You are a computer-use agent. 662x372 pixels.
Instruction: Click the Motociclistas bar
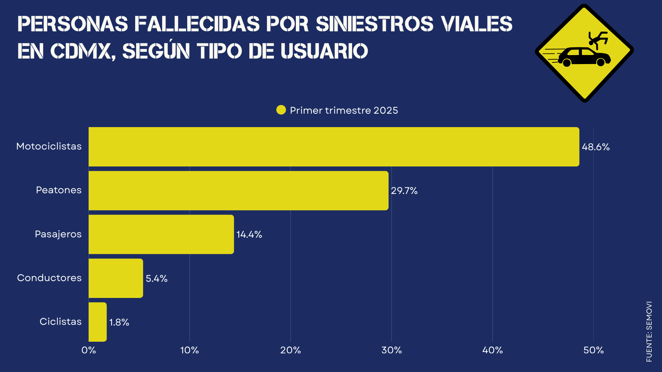click(334, 147)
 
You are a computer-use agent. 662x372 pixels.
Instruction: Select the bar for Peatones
click(239, 190)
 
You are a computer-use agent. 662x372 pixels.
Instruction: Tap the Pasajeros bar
click(161, 234)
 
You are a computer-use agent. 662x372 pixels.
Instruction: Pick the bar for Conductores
click(116, 278)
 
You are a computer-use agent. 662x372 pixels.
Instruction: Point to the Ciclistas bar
click(98, 322)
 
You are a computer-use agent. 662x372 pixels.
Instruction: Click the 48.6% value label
click(596, 147)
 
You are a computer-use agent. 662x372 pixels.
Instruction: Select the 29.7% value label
click(404, 191)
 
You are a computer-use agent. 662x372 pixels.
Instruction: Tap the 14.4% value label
click(249, 235)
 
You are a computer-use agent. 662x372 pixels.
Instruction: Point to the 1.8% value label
click(119, 322)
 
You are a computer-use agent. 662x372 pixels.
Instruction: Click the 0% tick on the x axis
click(89, 350)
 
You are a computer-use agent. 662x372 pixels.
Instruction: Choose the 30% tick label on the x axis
click(392, 350)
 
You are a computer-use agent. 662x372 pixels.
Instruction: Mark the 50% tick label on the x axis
click(594, 350)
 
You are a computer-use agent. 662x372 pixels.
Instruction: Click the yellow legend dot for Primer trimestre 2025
click(281, 110)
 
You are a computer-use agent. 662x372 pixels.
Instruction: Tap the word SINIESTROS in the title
click(374, 24)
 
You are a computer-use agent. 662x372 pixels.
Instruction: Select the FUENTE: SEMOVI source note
click(649, 332)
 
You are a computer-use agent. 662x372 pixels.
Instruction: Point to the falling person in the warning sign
click(598, 39)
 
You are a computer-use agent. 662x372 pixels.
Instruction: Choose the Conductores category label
click(49, 278)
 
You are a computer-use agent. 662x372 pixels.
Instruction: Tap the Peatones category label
click(59, 190)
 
